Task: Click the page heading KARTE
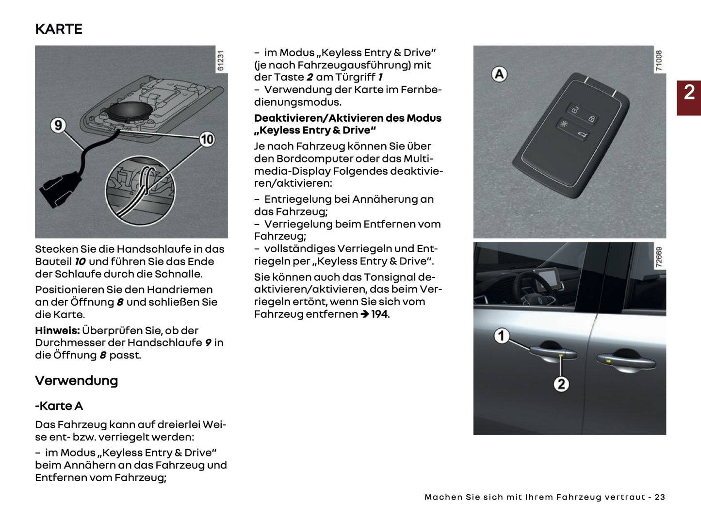[59, 29]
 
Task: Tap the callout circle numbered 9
[58, 125]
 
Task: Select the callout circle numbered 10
[207, 139]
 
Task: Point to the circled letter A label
[499, 74]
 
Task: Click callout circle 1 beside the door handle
[502, 336]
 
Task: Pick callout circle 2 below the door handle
[561, 384]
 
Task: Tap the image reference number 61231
[221, 61]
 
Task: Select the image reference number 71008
[659, 61]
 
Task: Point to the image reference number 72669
[659, 257]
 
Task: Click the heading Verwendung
[76, 381]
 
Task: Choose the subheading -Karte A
[59, 406]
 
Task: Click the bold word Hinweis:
[57, 331]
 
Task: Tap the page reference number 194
[379, 314]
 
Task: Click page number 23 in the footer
[660, 497]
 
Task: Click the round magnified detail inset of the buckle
[140, 191]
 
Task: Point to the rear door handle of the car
[626, 360]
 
